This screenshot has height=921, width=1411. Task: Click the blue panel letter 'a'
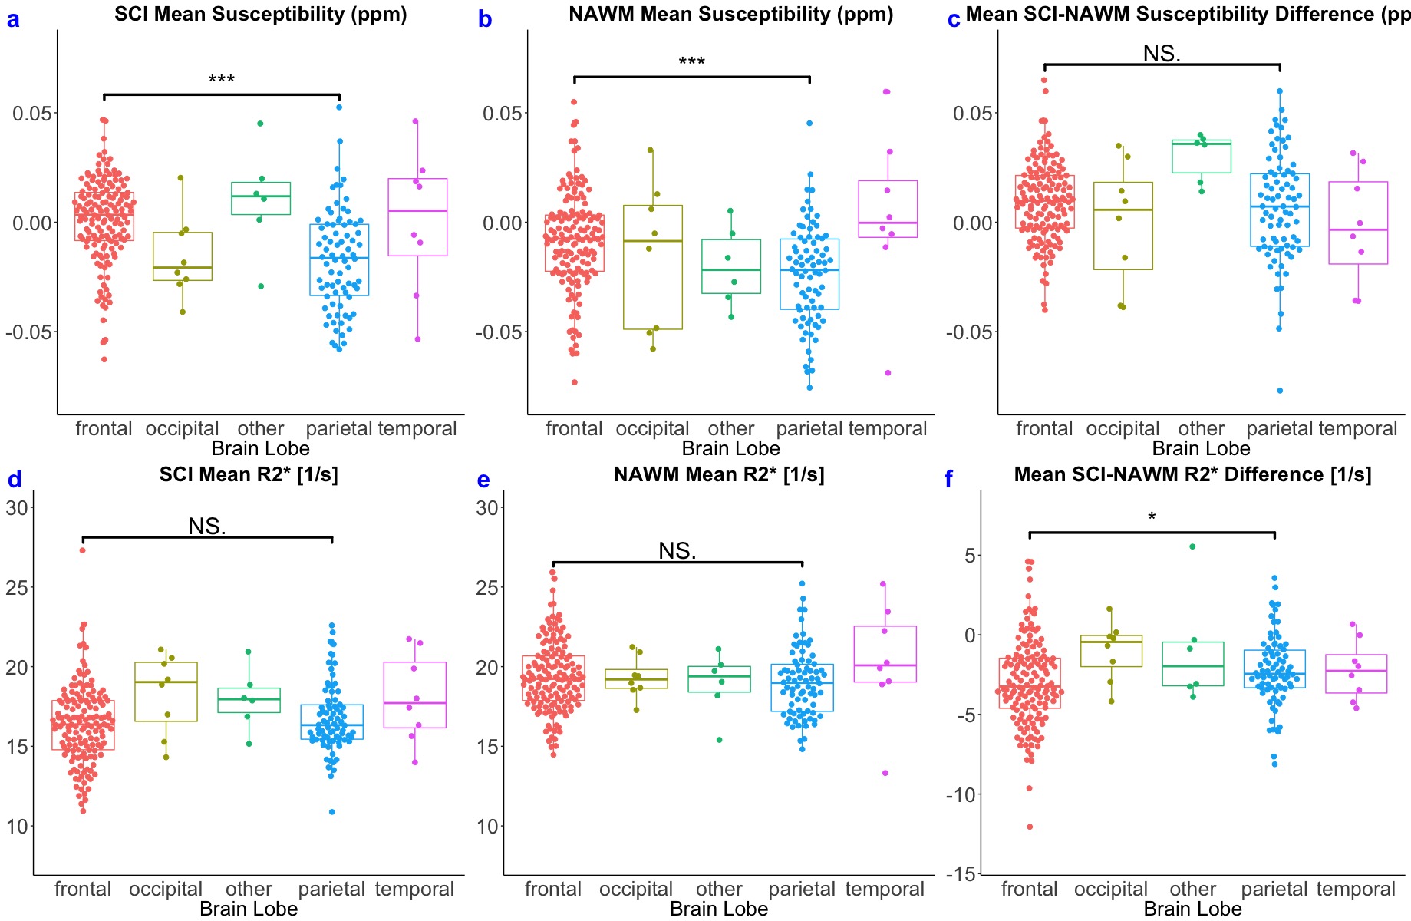pos(13,19)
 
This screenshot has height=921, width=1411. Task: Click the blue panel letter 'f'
pos(948,480)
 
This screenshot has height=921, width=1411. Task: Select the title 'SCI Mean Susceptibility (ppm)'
pos(261,14)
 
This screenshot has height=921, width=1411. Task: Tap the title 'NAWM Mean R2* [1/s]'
pos(719,474)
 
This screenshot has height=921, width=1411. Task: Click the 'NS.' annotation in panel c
pos(1162,54)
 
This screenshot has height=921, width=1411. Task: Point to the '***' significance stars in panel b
pos(691,62)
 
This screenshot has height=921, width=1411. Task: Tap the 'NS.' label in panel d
pos(207,527)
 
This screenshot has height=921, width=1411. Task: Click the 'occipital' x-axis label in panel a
pos(182,428)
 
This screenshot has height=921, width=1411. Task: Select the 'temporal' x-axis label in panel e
pos(885,889)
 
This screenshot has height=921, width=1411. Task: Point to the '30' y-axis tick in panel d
pos(18,507)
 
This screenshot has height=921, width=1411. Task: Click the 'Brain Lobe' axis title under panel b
pos(730,448)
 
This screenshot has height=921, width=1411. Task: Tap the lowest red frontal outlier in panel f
pos(1030,827)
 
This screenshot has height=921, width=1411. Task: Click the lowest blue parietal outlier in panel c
pos(1280,391)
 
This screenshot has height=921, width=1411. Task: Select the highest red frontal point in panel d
pos(83,550)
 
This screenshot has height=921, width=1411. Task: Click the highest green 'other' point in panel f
pos(1192,546)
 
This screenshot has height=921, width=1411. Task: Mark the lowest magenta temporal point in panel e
pos(885,773)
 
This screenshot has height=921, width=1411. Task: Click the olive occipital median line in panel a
pos(182,267)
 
